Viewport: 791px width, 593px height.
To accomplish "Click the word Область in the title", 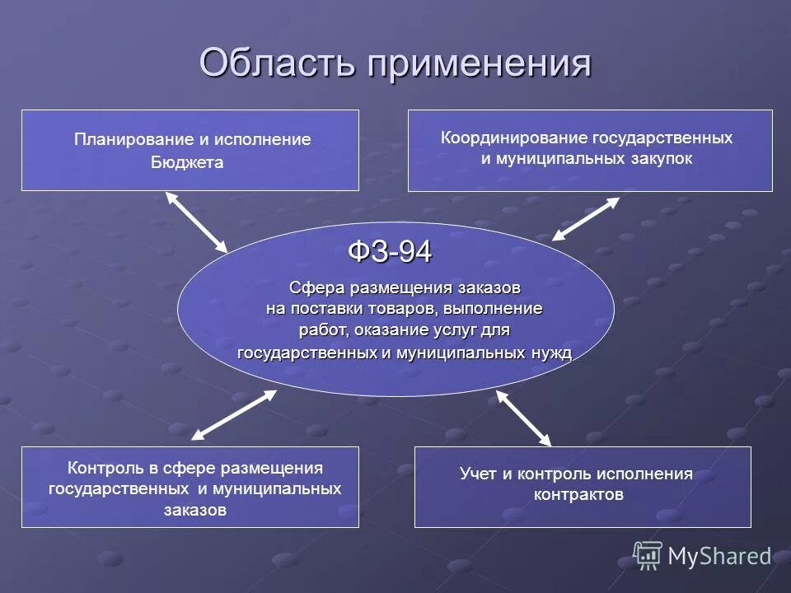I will click(277, 63).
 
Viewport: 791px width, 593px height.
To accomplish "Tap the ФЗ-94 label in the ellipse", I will click(390, 252).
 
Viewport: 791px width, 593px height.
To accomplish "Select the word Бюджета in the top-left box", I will click(187, 163).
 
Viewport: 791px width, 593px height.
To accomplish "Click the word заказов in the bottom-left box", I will click(194, 510).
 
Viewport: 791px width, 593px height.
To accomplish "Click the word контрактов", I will click(578, 495).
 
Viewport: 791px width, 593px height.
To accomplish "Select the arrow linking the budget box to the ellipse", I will click(195, 222).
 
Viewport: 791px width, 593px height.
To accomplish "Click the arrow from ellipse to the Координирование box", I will click(586, 218).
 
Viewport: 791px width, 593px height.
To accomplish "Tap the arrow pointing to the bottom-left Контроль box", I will click(234, 414).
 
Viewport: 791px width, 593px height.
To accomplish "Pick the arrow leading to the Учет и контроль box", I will click(524, 418).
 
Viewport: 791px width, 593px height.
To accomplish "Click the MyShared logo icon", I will click(648, 556).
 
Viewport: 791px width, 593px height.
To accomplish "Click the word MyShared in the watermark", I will click(718, 557).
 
